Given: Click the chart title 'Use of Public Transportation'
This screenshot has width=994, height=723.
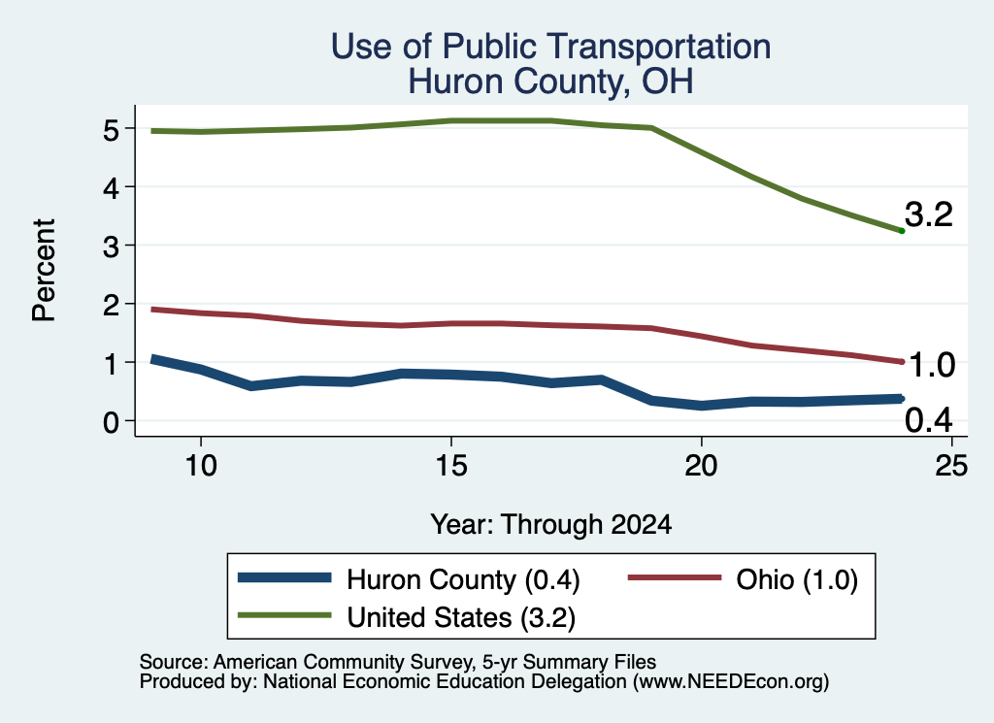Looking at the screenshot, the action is (550, 47).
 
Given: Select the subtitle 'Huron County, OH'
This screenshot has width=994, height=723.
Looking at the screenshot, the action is (550, 82).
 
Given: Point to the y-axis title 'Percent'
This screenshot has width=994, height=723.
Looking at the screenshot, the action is (44, 271).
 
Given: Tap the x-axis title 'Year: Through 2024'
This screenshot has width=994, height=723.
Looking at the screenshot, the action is (551, 525).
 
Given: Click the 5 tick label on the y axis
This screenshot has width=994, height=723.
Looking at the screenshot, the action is (111, 130).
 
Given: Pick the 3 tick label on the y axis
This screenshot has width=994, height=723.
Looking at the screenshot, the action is (111, 246).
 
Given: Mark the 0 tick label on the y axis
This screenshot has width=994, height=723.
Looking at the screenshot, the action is (111, 422).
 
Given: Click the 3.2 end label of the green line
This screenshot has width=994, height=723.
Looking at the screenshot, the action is (929, 214).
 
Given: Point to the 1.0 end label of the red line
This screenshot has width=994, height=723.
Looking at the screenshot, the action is (932, 366).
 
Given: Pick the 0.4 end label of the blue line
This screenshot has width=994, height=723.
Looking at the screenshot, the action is (929, 420).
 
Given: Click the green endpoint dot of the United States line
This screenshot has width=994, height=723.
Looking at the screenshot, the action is (902, 231).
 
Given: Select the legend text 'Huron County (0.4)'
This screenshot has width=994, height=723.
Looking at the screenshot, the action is (463, 579).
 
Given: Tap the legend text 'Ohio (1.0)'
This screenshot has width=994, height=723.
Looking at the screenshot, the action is (797, 579).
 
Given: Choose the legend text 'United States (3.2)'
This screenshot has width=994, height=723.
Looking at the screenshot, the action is (461, 618).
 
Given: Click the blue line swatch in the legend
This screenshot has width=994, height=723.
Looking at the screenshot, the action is (284, 577).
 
